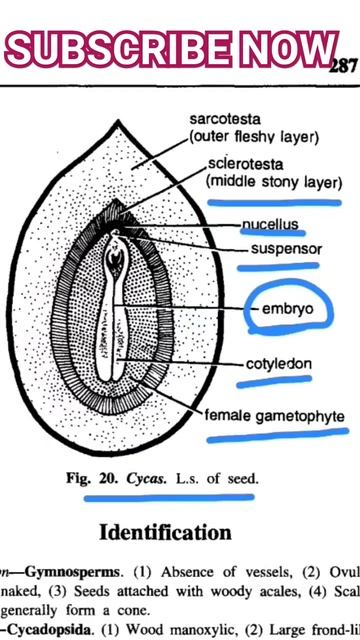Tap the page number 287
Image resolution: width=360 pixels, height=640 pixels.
tap(343, 67)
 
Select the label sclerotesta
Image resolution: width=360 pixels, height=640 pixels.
tap(241, 165)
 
